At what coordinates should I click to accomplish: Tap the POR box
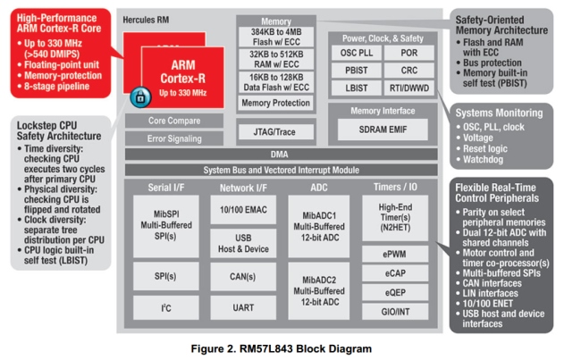click(408, 53)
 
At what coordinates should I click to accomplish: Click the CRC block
click(408, 70)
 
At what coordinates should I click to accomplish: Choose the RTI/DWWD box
click(408, 88)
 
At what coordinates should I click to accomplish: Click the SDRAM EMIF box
click(382, 129)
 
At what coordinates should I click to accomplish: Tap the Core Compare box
click(173, 121)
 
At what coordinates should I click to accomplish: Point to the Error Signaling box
click(173, 138)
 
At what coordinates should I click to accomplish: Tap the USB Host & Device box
click(242, 242)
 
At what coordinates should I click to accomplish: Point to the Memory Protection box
click(275, 103)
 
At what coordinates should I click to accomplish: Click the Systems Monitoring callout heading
click(498, 113)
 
